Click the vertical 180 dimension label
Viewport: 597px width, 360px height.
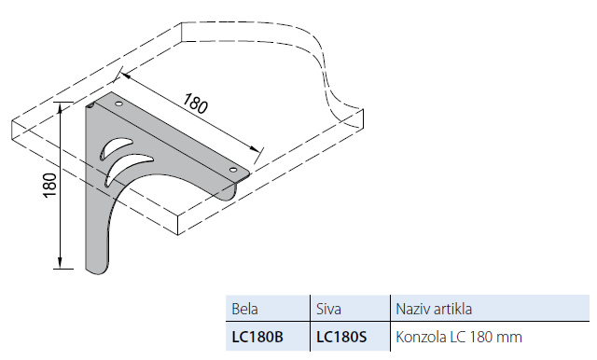(49, 185)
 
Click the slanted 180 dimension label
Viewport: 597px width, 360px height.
(196, 104)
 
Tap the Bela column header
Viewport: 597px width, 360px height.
(244, 309)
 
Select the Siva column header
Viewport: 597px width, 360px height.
(328, 309)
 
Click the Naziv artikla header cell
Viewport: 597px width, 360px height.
(434, 309)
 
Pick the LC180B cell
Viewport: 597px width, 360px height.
(257, 337)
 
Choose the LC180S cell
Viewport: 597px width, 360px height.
(341, 337)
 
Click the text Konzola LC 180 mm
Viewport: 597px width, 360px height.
(459, 337)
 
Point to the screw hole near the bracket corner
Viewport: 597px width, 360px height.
(118, 104)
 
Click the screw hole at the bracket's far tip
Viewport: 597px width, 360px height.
(232, 170)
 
